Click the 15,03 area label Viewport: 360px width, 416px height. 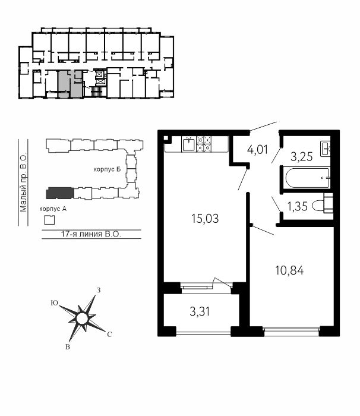[x=205, y=219]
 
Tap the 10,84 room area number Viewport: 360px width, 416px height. [x=289, y=270]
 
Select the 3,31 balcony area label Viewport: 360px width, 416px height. [x=200, y=311]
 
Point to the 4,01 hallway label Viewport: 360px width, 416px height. [x=257, y=149]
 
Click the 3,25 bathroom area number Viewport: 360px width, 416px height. [x=302, y=156]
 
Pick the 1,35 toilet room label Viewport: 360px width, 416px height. [x=298, y=206]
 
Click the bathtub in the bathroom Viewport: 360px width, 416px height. [x=308, y=178]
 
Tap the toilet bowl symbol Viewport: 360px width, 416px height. [x=323, y=203]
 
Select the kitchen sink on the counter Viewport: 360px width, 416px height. [x=189, y=144]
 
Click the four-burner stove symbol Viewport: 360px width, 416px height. [x=204, y=144]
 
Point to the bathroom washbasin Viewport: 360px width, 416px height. [x=326, y=149]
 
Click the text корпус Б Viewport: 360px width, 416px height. [x=107, y=169]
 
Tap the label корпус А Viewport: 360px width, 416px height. [x=53, y=209]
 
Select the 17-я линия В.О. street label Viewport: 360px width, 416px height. [x=91, y=234]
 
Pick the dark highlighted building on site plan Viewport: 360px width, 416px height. [x=60, y=193]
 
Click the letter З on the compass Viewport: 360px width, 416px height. [x=99, y=290]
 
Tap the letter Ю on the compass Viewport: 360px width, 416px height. [x=55, y=303]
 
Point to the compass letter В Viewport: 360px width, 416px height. [x=68, y=346]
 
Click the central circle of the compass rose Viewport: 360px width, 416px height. [x=81, y=319]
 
